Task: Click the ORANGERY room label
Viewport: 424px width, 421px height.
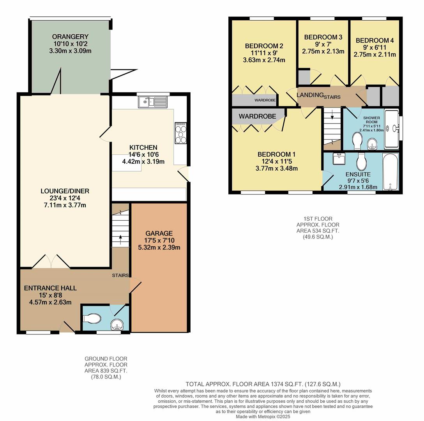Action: coord(70,37)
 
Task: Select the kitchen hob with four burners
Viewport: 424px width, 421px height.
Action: coord(181,133)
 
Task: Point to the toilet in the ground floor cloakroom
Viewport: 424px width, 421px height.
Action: coord(92,319)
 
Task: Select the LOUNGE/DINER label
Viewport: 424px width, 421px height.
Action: coord(65,191)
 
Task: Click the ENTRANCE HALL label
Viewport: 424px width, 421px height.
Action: coord(50,288)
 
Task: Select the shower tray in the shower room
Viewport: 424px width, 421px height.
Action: coord(392,130)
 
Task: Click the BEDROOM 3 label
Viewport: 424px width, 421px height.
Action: coord(323,37)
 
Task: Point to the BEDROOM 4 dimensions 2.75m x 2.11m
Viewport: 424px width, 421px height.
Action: coord(375,55)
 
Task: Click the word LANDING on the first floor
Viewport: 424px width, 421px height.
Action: coord(310,95)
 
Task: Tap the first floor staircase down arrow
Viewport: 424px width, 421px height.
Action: coord(332,115)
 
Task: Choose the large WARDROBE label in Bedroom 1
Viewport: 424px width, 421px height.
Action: coord(257,117)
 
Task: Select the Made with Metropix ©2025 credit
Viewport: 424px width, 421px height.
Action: coord(263,417)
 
